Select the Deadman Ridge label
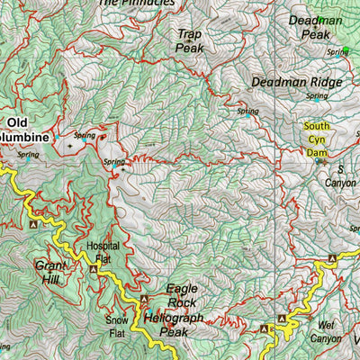(296, 82)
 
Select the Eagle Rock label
(188, 295)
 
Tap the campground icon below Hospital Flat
(95, 268)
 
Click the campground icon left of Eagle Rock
(142, 299)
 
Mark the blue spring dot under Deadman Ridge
(247, 114)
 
